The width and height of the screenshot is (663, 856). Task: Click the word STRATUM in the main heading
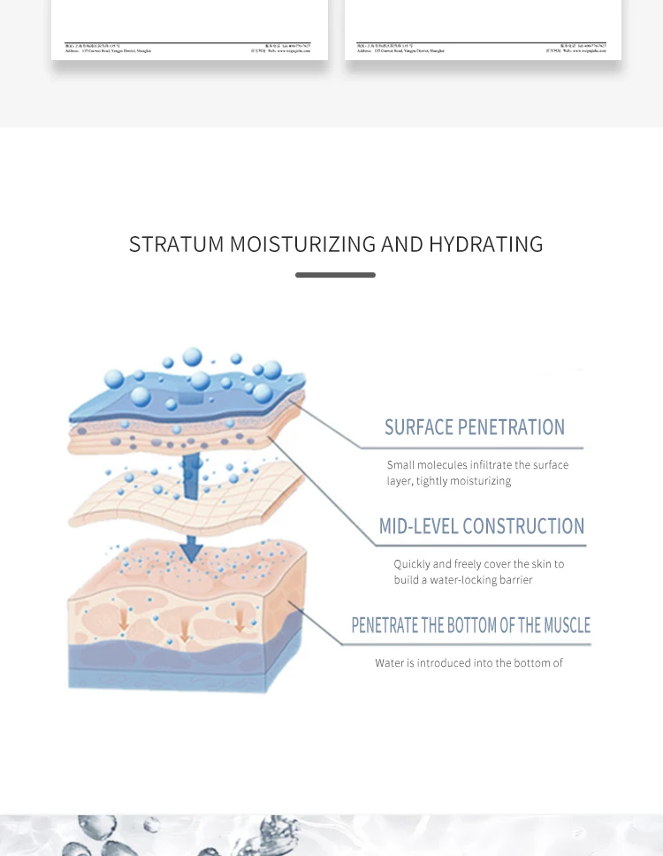coord(175,244)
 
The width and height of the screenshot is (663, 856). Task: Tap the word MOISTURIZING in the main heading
coord(302,244)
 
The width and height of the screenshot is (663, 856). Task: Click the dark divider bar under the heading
coord(335,275)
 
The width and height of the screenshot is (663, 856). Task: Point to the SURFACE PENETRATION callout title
coord(474,428)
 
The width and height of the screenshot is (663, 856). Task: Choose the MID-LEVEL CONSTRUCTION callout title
coord(482,527)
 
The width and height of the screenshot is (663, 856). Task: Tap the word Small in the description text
coord(400,465)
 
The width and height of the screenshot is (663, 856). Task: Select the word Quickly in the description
coord(412,564)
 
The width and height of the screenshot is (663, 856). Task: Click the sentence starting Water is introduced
coord(469,663)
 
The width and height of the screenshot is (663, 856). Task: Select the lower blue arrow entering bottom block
coord(190,548)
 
